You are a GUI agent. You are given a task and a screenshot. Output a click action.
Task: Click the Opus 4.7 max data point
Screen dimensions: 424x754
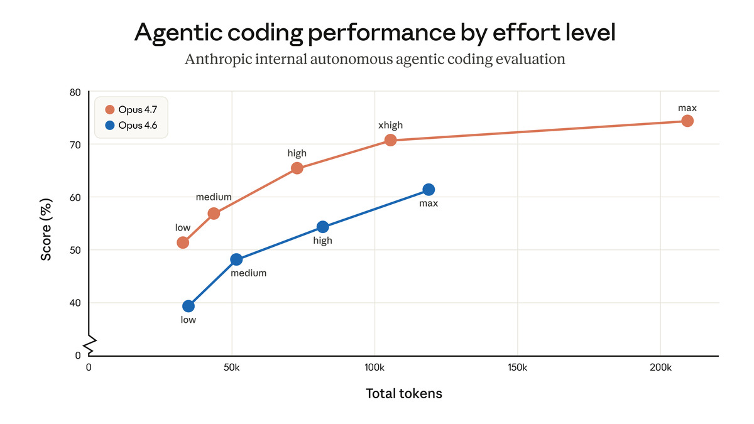tap(687, 121)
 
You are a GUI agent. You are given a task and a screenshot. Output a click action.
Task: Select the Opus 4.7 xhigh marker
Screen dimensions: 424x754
tap(390, 139)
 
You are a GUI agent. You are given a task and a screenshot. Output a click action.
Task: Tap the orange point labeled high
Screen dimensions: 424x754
tap(297, 168)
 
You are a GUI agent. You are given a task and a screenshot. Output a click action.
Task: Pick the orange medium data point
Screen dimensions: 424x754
tap(214, 213)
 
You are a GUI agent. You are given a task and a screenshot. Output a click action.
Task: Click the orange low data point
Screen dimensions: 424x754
tap(183, 242)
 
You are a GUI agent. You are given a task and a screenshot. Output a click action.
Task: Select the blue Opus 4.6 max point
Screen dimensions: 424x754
tap(429, 189)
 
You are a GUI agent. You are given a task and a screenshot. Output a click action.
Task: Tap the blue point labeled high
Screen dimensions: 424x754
tap(322, 227)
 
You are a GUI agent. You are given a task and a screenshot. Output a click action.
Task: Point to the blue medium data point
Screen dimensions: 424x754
tap(236, 259)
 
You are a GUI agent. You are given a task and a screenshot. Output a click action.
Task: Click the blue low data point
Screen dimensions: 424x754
tap(188, 306)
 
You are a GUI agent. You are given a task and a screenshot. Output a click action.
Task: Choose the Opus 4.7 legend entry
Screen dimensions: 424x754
tap(131, 110)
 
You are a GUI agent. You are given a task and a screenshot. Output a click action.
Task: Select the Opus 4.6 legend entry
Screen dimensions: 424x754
tap(131, 126)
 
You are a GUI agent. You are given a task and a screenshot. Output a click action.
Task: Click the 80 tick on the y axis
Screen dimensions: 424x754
tap(75, 92)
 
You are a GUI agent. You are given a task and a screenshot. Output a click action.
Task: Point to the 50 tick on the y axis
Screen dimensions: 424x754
tap(75, 250)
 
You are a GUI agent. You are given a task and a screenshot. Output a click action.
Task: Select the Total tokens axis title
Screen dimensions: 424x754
tap(403, 394)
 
